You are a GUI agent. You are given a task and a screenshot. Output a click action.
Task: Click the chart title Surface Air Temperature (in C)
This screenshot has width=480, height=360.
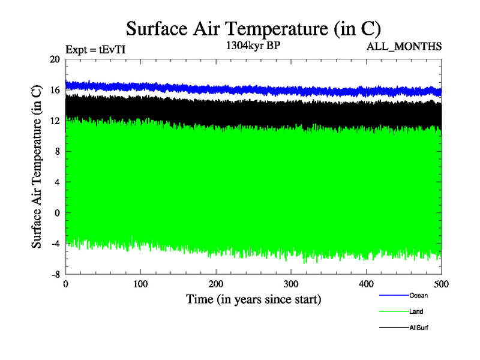253,29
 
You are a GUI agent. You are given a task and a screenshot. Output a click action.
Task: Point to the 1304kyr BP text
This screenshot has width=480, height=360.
253,46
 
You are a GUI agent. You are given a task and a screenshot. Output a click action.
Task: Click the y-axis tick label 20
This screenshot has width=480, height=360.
55,59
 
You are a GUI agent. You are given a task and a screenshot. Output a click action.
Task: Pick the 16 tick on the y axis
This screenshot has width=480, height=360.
55,90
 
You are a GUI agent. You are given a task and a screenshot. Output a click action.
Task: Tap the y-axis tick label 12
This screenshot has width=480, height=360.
55,121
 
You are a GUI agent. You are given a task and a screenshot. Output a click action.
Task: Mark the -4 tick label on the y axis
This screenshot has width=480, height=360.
55,243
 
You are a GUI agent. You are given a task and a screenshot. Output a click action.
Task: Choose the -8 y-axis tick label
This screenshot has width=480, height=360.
55,274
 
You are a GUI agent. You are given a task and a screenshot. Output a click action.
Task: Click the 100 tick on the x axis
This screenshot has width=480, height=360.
140,284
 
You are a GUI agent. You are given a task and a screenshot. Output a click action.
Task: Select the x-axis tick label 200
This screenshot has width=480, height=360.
216,284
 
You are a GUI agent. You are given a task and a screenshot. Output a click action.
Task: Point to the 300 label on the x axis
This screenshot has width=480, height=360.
291,284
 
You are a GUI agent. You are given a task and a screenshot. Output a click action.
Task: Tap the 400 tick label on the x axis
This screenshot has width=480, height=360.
366,284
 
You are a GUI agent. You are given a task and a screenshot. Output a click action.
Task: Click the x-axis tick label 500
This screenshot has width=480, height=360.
441,284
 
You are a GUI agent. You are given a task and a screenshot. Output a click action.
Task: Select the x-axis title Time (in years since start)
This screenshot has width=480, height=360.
253,299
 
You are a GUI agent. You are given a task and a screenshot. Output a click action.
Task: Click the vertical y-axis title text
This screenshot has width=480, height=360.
37,166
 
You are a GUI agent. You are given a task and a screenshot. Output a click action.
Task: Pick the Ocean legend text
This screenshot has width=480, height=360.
418,295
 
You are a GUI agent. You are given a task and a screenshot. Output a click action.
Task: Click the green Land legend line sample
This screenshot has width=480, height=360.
394,311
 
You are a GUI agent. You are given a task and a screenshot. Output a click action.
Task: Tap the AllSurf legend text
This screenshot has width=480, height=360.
419,328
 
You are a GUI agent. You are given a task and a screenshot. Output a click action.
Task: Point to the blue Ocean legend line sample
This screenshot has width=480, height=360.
394,295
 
